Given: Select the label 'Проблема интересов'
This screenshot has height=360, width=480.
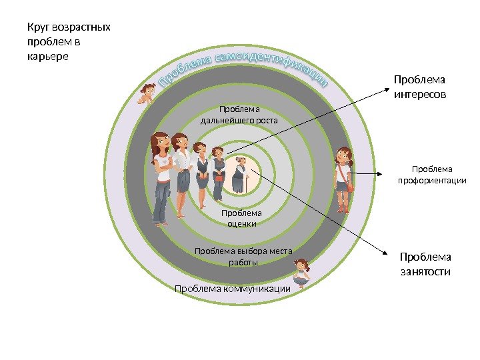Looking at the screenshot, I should tap(420, 88).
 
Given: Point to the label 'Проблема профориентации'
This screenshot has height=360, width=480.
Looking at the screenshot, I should tap(432, 175).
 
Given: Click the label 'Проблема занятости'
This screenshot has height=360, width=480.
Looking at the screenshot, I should tap(425, 264).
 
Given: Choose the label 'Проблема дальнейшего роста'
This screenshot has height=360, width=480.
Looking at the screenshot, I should tap(239, 115).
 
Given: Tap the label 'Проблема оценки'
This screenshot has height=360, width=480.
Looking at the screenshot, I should tap(241, 218).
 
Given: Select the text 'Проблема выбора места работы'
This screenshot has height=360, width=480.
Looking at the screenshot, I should tap(243, 256).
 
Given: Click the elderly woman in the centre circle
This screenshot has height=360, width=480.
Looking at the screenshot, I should tap(240, 175).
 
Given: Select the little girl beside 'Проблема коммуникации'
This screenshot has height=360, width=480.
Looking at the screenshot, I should tap(301, 273).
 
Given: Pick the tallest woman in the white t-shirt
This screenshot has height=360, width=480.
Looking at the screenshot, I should tap(161, 177).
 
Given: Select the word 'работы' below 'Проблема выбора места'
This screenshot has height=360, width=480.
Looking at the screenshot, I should tap(243, 262).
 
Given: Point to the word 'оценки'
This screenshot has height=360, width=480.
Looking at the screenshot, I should tap(241, 224).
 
